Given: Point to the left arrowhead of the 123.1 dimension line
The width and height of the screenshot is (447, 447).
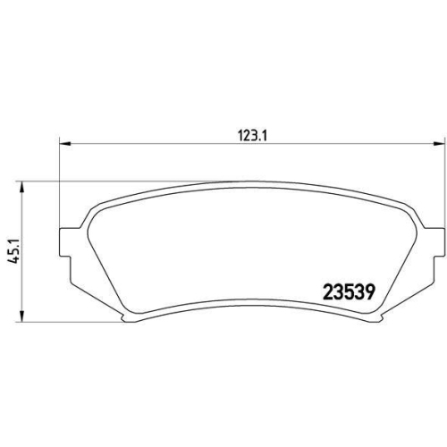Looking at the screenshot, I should [65, 148].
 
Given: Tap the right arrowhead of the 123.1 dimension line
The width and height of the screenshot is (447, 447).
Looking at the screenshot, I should [439, 148].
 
